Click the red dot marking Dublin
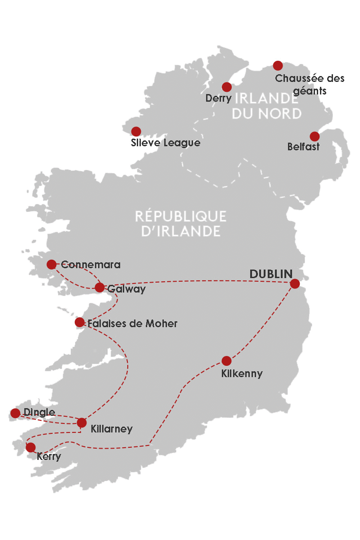[295, 283]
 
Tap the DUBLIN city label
[271, 274]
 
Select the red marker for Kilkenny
[226, 361]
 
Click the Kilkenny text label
[242, 373]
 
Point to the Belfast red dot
[315, 136]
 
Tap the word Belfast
[303, 147]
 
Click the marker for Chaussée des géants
[278, 66]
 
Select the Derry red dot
[227, 87]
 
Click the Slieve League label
[165, 143]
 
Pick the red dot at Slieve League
[136, 131]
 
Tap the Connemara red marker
[51, 264]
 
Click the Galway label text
[126, 289]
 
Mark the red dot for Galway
[99, 288]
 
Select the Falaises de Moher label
[133, 324]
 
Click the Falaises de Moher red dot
[80, 322]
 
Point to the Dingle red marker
[15, 413]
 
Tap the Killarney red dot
[81, 423]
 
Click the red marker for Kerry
[31, 447]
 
